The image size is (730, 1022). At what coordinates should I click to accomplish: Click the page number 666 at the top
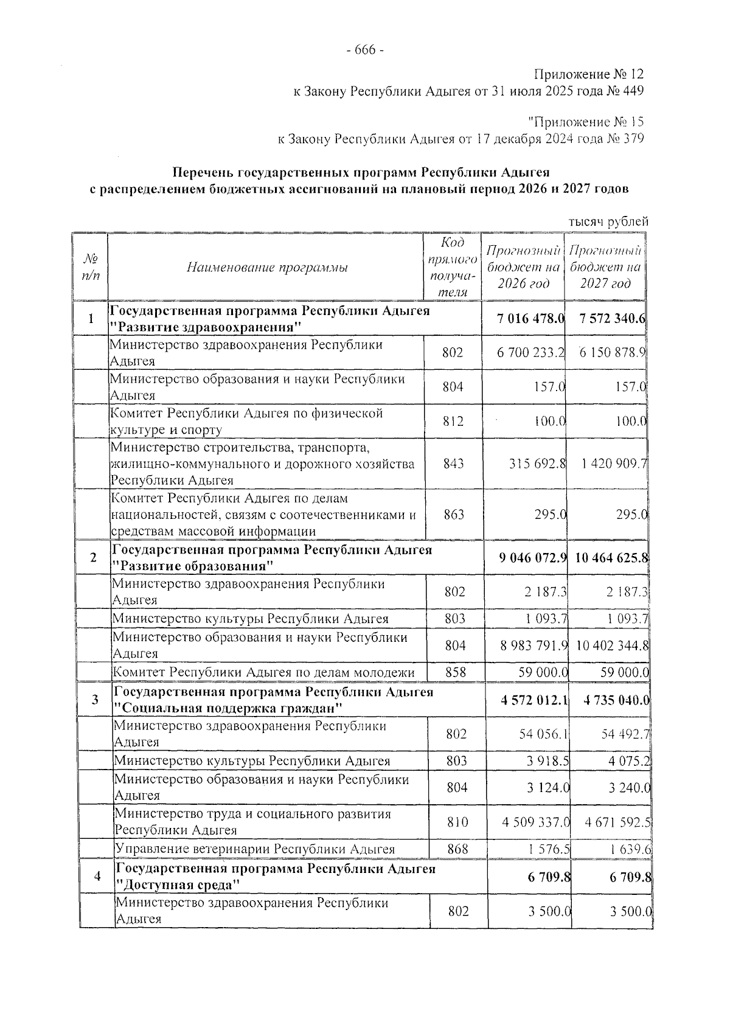click(364, 50)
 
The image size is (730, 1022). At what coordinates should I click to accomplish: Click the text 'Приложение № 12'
click(588, 75)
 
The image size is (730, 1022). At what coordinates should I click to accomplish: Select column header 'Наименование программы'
click(267, 267)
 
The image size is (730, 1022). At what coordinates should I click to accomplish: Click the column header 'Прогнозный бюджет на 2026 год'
click(523, 267)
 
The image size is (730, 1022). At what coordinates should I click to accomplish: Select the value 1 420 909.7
click(614, 464)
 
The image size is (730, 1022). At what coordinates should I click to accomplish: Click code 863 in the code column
click(453, 515)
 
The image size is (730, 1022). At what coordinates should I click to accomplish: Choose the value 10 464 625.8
click(611, 558)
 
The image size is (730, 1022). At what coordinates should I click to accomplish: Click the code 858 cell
click(455, 672)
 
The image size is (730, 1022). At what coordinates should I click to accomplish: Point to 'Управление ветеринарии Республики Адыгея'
click(255, 849)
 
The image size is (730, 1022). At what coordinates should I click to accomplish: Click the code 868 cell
click(457, 849)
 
